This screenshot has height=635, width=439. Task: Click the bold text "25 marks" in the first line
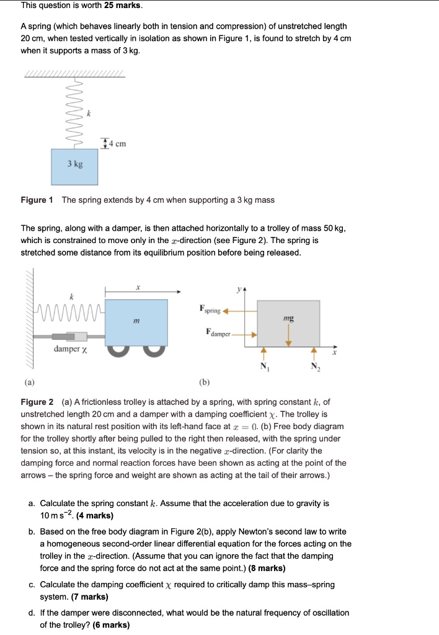124,6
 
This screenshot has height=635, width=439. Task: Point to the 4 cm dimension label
116,144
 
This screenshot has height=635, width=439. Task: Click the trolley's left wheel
120,349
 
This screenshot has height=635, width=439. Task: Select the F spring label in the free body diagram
210,308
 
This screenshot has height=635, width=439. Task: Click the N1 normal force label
264,366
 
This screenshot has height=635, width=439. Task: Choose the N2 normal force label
313,366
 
